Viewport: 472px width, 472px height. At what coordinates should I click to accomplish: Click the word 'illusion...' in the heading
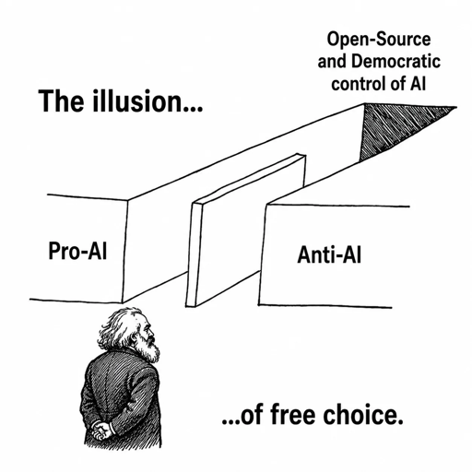pyautogui.click(x=147, y=100)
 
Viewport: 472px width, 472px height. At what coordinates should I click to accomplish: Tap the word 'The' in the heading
pyautogui.click(x=61, y=100)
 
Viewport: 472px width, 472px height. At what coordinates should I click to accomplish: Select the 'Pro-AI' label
pyautogui.click(x=77, y=251)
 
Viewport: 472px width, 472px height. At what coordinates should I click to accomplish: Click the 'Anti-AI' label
pyautogui.click(x=329, y=255)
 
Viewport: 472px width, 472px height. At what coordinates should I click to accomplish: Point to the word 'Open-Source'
pyautogui.click(x=379, y=40)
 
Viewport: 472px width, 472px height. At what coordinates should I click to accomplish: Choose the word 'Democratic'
pyautogui.click(x=395, y=61)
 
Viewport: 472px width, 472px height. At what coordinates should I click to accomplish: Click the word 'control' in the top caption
pyautogui.click(x=360, y=83)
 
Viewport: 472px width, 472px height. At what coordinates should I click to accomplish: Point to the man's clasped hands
pyautogui.click(x=101, y=429)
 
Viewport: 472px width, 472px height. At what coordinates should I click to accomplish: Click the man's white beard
pyautogui.click(x=149, y=349)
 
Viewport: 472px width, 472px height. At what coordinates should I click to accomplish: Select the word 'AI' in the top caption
pyautogui.click(x=418, y=83)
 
